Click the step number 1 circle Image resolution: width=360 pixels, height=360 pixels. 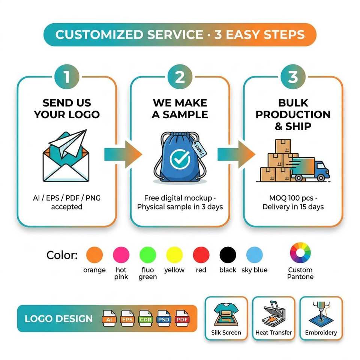click(67, 76)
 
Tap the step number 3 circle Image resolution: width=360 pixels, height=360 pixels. click(293, 76)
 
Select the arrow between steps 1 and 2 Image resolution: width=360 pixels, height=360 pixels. click(123, 154)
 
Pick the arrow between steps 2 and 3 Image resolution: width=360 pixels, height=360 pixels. click(236, 154)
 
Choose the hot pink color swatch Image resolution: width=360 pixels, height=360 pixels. click(121, 255)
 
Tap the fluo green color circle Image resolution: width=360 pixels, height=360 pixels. click(148, 255)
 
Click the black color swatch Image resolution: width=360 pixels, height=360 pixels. click(228, 255)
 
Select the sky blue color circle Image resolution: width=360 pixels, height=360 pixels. click(254, 255)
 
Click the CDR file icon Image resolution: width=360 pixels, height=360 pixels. click(145, 318)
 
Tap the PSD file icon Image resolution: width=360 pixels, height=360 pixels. click(163, 318)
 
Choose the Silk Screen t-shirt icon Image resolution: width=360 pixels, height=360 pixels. click(226, 314)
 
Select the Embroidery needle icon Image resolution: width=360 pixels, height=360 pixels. click(321, 313)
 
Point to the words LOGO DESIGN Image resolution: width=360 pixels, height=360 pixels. click(58, 319)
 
